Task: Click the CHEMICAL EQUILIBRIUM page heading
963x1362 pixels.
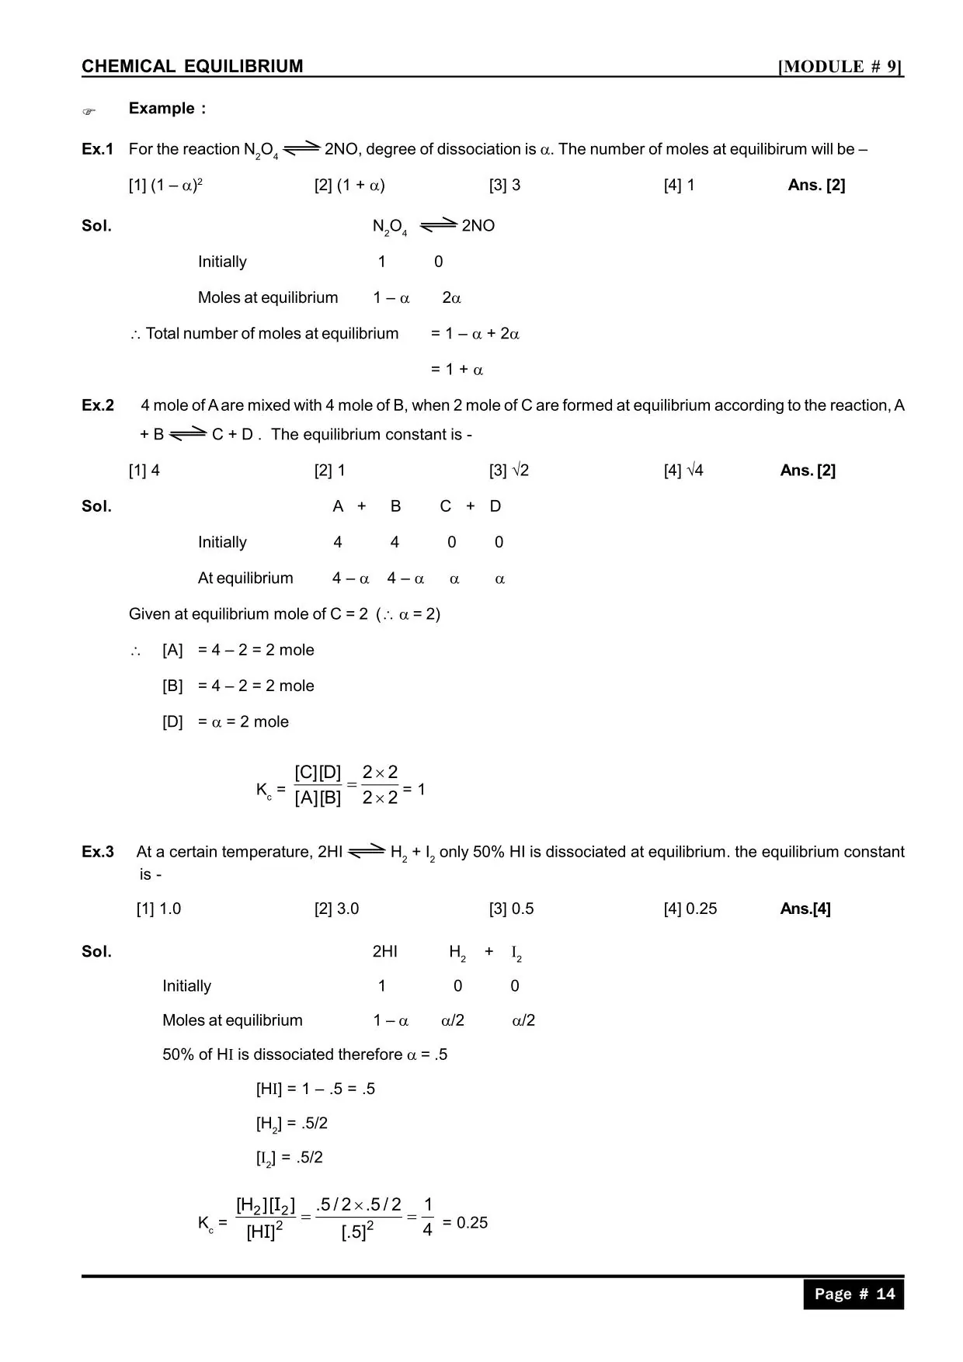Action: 192,67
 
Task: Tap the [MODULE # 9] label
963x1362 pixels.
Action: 840,67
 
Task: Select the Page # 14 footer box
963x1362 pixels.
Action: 853,1294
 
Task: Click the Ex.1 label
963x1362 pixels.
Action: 98,149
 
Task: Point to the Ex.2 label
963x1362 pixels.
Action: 98,405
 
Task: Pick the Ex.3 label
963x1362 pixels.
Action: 98,852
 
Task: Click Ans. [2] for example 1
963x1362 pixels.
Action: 816,185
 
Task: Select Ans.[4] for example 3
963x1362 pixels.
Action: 805,909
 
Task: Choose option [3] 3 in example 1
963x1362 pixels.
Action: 505,185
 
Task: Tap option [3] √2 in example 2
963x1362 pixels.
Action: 509,471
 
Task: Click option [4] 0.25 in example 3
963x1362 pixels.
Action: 690,909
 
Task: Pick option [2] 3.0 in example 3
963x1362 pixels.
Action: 336,909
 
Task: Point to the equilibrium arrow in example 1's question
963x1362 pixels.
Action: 302,148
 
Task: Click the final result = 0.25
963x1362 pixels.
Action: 465,1223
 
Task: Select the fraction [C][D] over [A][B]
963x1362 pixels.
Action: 318,785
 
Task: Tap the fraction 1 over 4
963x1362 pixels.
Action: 427,1217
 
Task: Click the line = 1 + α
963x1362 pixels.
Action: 457,370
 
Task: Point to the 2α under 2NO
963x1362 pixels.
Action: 451,298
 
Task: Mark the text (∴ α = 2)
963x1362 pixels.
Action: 408,614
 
